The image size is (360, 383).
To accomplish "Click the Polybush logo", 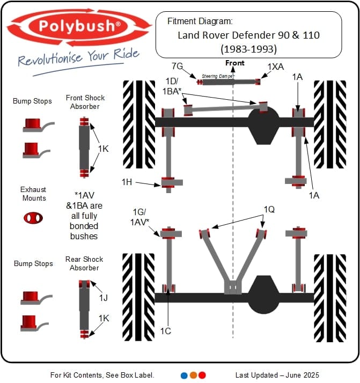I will (79, 27).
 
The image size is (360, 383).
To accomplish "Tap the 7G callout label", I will (178, 66).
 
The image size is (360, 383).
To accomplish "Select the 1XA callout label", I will (277, 66).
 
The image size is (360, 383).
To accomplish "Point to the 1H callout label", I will (127, 182).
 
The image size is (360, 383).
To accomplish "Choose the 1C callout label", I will (166, 331).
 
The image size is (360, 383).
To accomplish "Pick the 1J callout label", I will (103, 297).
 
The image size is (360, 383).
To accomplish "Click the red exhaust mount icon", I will (33, 218).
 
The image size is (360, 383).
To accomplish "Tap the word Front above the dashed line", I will (234, 63).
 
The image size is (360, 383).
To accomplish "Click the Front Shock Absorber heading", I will (85, 102).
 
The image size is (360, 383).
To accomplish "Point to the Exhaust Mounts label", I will (33, 194).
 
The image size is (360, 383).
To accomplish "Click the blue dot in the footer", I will (184, 375).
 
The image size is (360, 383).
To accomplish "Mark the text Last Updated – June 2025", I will (277, 375).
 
